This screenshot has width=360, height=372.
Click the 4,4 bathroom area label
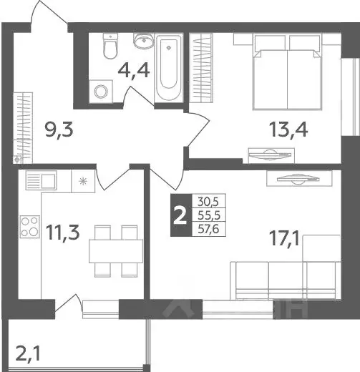133,71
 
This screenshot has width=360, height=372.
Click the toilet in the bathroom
110,47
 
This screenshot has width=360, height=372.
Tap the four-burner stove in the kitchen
30,226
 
